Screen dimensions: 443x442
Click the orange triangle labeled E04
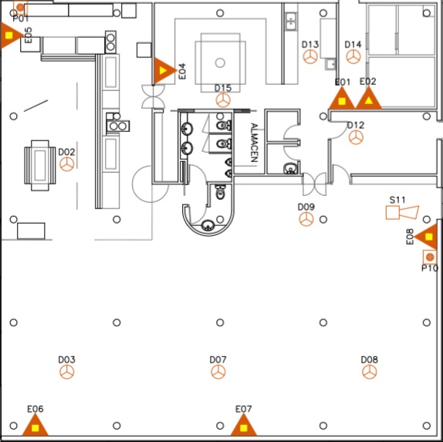coord(164,71)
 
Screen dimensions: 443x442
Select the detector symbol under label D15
coord(223,100)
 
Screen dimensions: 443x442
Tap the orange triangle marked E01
coord(342,99)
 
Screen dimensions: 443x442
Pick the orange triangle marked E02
coord(369,99)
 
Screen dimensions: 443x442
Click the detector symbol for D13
coord(310,56)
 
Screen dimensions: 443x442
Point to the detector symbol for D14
coord(353,56)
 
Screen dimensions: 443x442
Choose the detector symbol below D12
coord(356,137)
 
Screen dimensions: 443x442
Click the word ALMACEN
coord(254,143)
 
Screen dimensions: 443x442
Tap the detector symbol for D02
coord(67,164)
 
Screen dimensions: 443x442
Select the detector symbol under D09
coord(306,219)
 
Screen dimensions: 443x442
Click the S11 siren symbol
coord(402,213)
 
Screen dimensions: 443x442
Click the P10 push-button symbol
coord(430,257)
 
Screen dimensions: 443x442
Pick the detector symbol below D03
coord(67,372)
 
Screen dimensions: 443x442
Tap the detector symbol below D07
coord(218,372)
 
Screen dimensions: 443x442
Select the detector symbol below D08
coord(370,372)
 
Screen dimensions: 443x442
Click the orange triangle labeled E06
coord(35,426)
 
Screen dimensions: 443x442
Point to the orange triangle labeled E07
coord(244,426)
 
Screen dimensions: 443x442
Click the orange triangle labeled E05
coord(10,35)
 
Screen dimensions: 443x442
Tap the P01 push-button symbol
coord(20,7)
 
